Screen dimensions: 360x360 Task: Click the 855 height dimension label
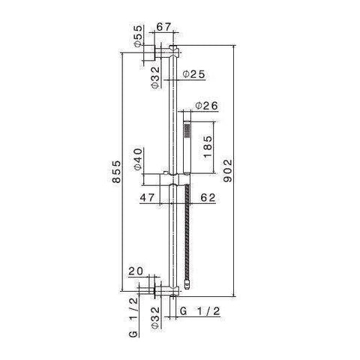tap(116, 172)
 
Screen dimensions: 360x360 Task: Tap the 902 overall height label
tap(227, 171)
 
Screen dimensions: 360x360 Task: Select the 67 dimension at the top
tap(163, 27)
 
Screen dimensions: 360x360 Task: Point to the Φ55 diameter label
tap(138, 36)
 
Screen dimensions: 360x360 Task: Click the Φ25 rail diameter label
tap(193, 74)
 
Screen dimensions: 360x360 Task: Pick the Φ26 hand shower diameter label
tap(207, 106)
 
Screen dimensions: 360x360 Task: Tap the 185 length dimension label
tap(208, 147)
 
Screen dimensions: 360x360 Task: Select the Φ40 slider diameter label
tap(138, 159)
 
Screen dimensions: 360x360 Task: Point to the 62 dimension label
tap(208, 197)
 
